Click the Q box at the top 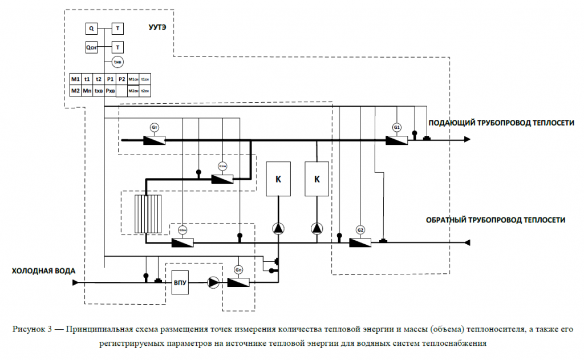[x=92, y=27]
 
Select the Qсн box [x=92, y=48]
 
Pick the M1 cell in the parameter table [x=75, y=79]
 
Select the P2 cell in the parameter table [x=121, y=79]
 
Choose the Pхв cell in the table [x=110, y=90]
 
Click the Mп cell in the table [x=87, y=90]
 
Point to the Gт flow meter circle [x=154, y=127]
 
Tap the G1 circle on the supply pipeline [x=397, y=127]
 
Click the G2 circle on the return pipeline [x=360, y=229]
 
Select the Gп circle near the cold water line [x=238, y=269]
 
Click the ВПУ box [x=181, y=282]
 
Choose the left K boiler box [x=278, y=179]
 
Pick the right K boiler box [x=317, y=179]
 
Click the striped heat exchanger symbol [x=148, y=214]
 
